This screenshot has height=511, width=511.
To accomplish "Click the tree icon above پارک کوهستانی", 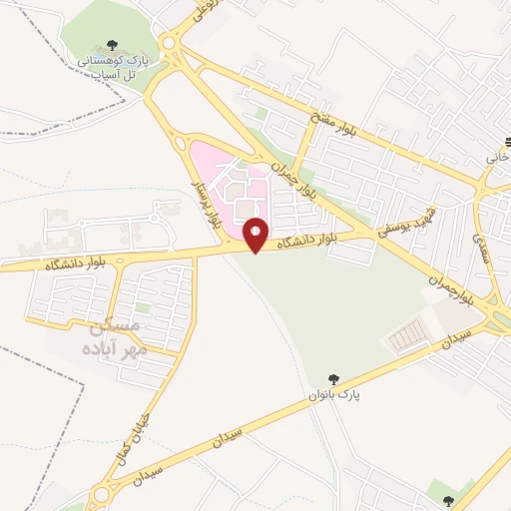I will point(110,45).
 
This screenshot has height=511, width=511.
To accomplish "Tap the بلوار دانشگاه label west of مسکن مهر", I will point(47,264).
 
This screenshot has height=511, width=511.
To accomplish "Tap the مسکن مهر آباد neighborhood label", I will point(117,336).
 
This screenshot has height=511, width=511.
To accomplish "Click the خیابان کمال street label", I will point(140,435).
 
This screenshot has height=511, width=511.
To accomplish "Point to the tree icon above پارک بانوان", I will point(333,378).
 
